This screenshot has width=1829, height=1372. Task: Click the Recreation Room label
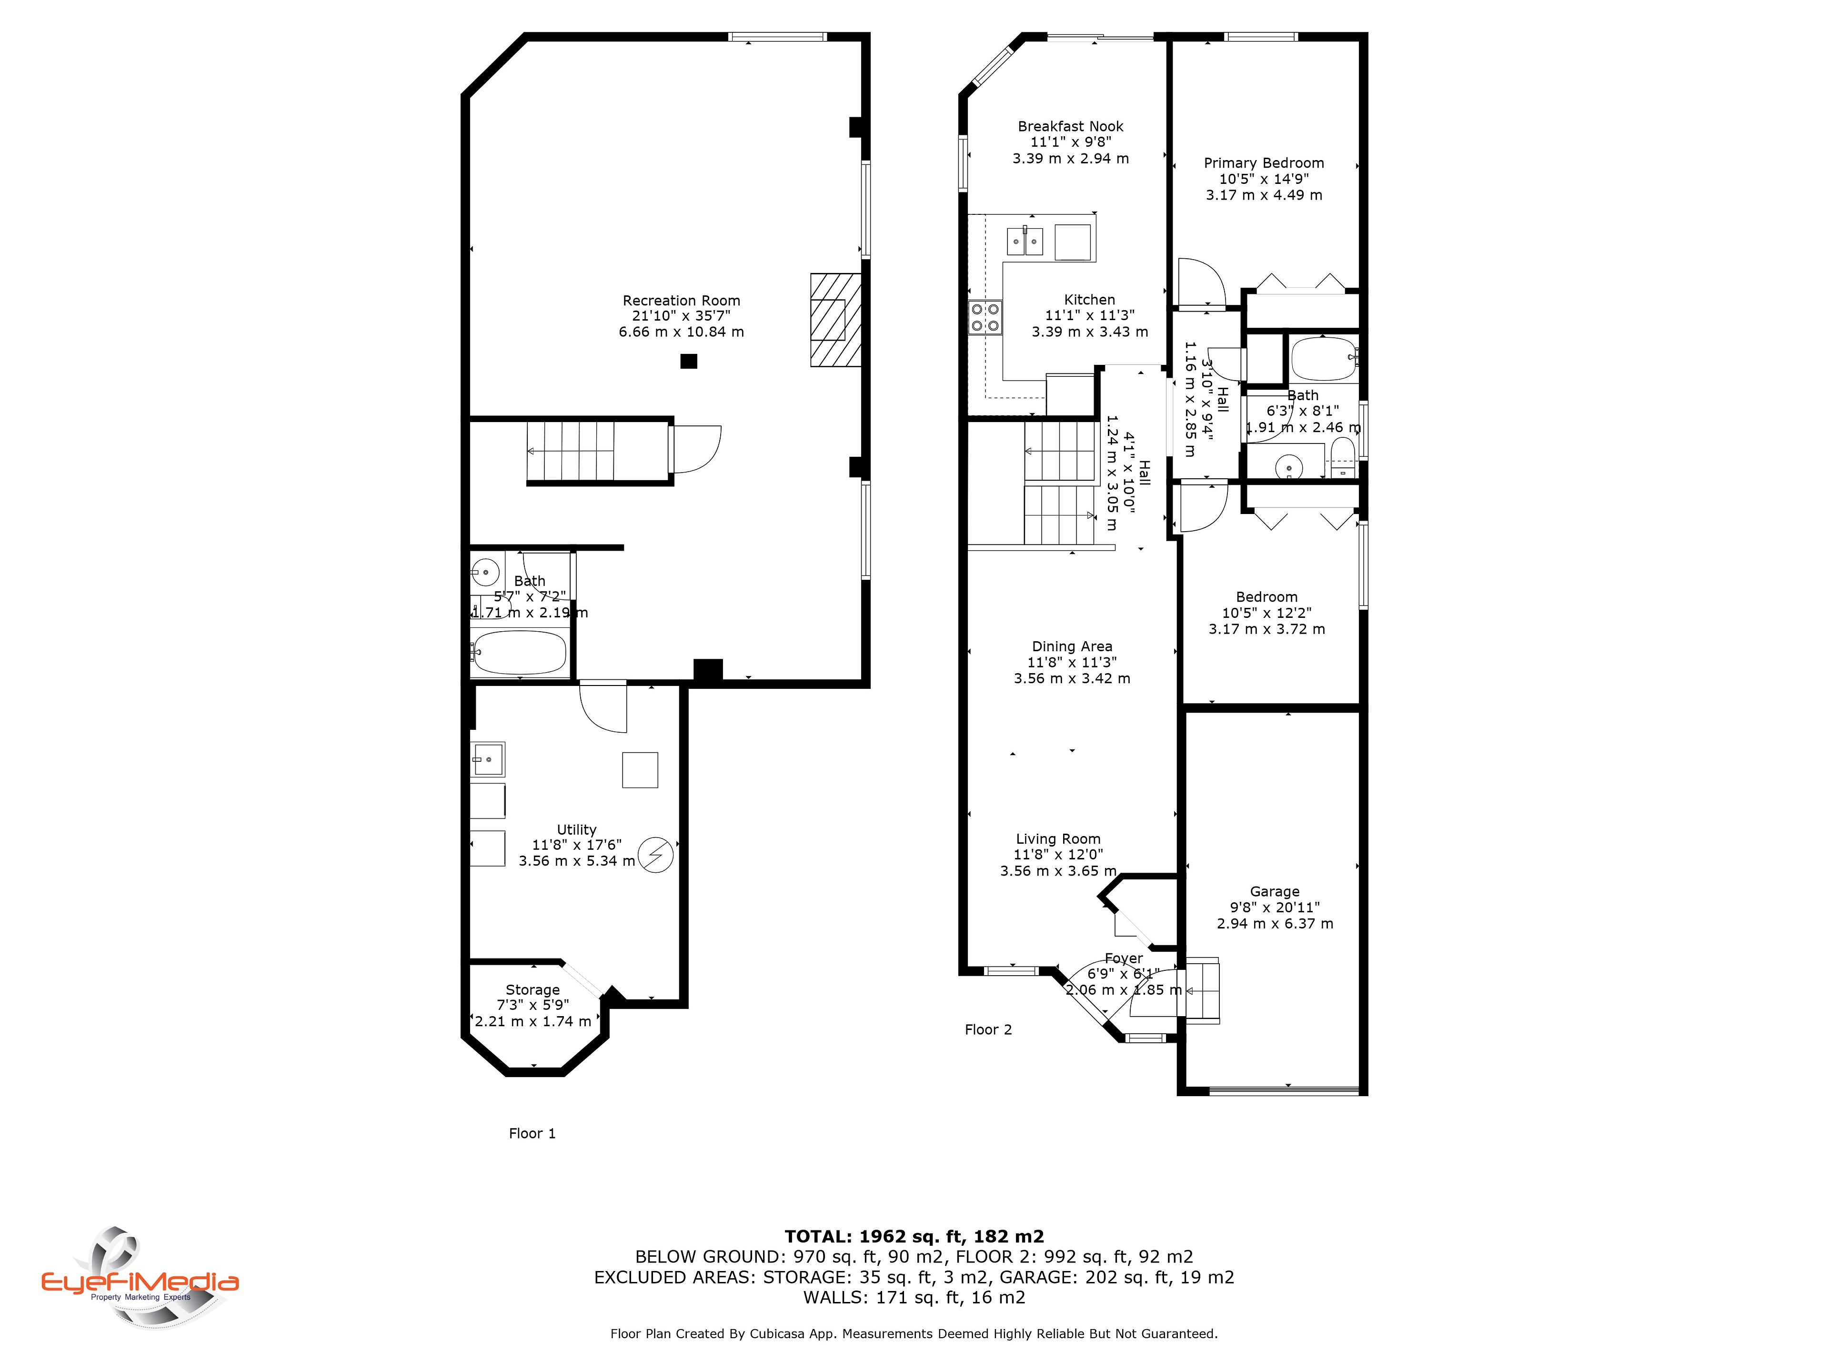681,301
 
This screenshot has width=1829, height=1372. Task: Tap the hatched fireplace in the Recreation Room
835,320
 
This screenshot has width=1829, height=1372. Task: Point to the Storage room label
533,990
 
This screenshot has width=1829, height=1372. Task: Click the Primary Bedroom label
1264,163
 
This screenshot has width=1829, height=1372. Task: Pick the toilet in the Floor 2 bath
1343,457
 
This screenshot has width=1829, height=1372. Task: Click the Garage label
1274,891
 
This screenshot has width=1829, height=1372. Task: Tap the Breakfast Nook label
1071,127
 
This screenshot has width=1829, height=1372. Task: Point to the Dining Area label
1072,647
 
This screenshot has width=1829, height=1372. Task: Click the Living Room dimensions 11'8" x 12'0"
1058,855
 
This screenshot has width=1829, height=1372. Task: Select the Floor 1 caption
533,1134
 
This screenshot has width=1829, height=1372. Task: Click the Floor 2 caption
988,1029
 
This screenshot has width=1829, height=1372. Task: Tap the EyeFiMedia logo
141,1278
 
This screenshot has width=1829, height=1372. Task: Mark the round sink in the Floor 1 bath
485,572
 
